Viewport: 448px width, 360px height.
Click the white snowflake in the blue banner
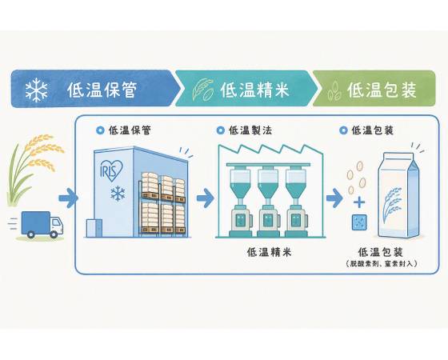[36, 90]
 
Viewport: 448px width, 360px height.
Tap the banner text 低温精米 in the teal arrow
[254, 90]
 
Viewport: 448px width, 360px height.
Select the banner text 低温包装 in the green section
[382, 90]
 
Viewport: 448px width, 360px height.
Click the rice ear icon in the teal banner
[203, 90]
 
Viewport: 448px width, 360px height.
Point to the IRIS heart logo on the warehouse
[111, 170]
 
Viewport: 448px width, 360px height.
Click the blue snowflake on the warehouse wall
[118, 193]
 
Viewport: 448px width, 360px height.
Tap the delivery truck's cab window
[56, 222]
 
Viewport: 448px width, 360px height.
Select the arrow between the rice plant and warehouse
[68, 198]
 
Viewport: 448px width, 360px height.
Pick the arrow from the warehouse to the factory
[205, 198]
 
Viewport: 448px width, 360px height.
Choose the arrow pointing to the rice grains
[334, 198]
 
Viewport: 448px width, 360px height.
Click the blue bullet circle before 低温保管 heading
[100, 130]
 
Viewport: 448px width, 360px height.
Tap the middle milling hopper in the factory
[268, 183]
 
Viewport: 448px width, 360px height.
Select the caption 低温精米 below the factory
[269, 252]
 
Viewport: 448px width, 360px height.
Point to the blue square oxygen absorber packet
[359, 222]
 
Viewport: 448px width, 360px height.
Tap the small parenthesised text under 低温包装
[382, 263]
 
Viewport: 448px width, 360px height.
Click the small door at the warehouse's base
[94, 228]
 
